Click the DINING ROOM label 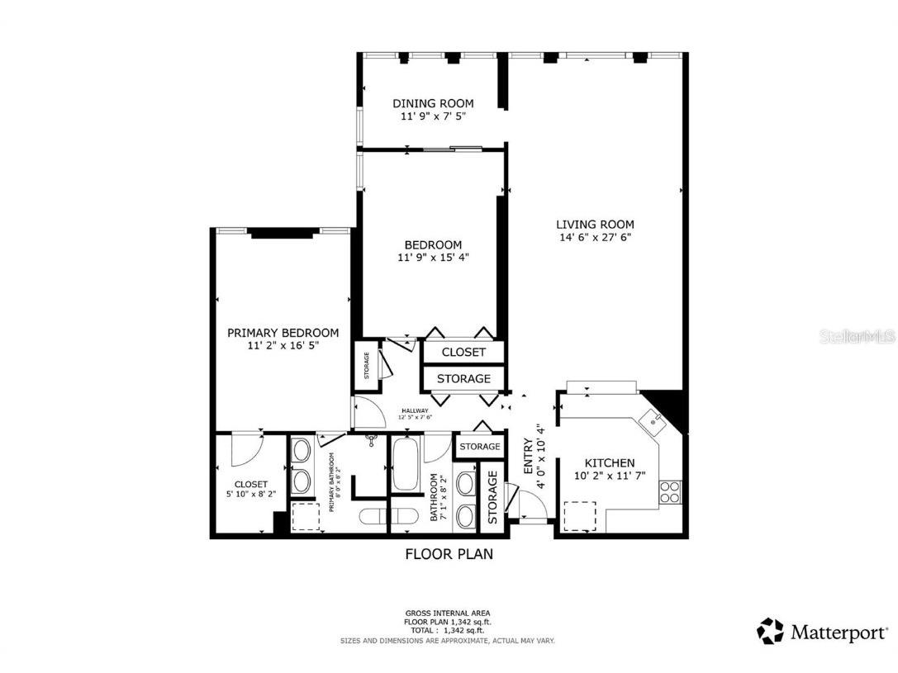click(x=433, y=103)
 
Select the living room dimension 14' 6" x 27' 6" click(x=595, y=238)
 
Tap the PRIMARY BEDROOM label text click(x=283, y=333)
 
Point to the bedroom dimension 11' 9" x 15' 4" click(x=433, y=258)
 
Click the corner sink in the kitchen click(x=654, y=421)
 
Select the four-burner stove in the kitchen click(x=670, y=492)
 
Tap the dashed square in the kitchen click(x=579, y=516)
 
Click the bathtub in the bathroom click(x=406, y=464)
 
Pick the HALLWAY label click(x=415, y=410)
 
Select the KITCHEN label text click(x=610, y=463)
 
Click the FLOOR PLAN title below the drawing click(x=449, y=554)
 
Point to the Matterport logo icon click(x=770, y=632)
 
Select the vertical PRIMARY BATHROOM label click(x=333, y=483)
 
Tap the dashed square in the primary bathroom click(x=305, y=516)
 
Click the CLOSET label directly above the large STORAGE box click(x=463, y=352)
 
